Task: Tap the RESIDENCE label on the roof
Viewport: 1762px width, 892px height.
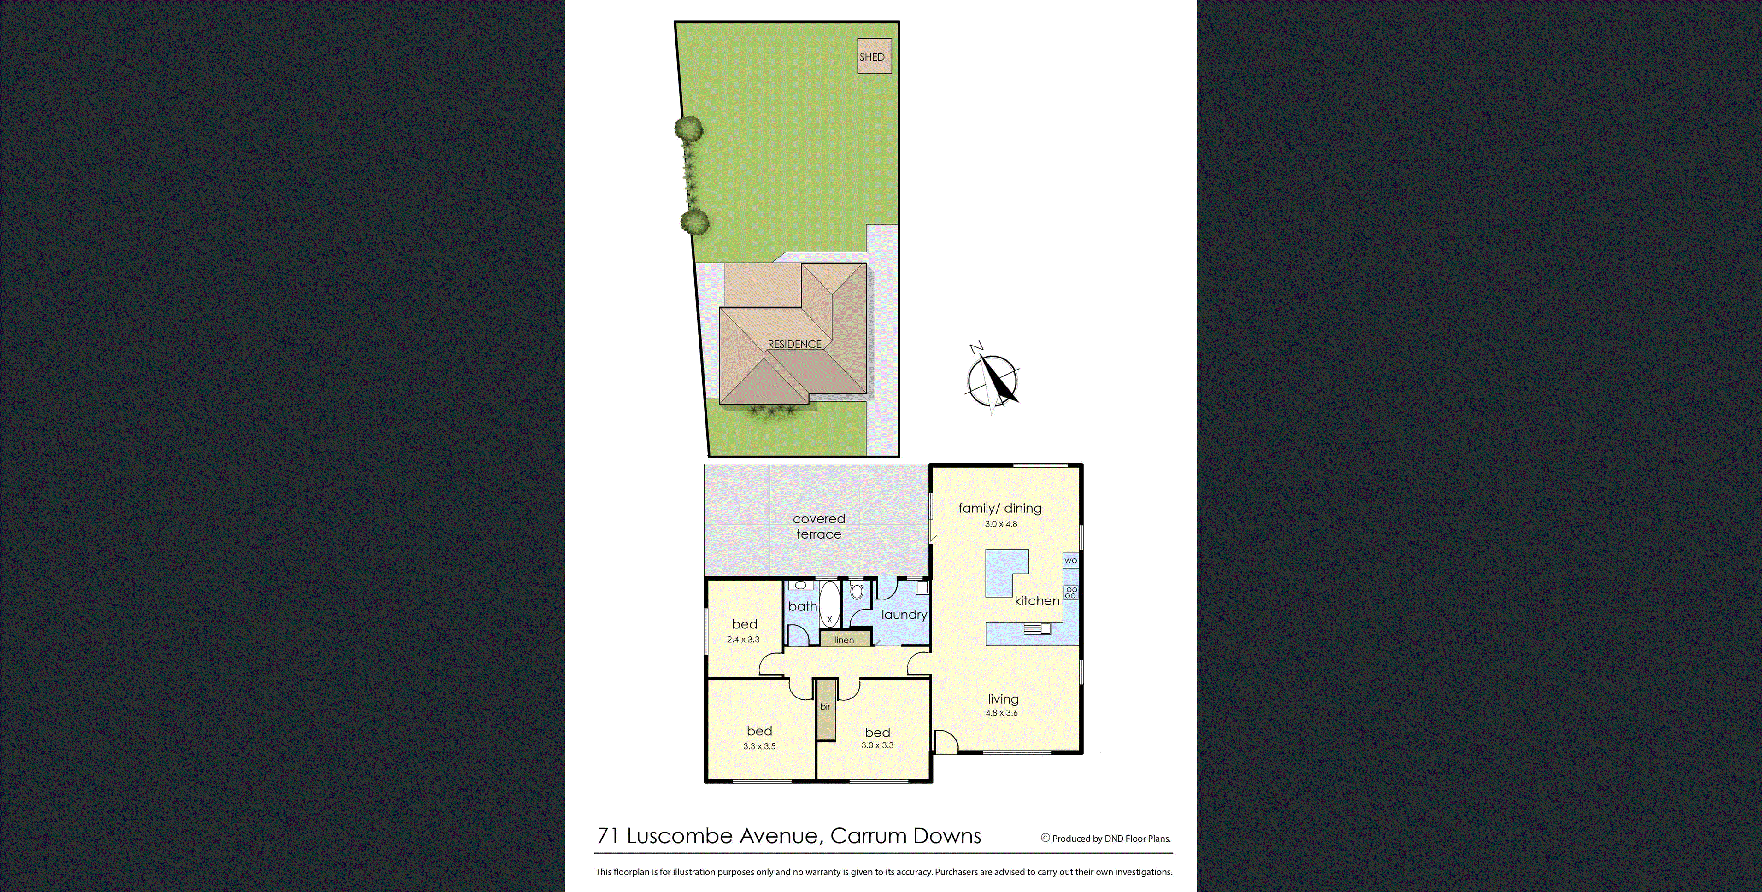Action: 794,344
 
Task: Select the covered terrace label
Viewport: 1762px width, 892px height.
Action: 819,526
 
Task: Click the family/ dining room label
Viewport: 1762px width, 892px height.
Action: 999,508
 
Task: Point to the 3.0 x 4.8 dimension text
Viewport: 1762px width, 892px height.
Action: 1001,524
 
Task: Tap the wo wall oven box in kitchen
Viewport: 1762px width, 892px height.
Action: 1070,560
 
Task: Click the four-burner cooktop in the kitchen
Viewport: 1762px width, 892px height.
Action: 1070,593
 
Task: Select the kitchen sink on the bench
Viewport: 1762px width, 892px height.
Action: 1036,628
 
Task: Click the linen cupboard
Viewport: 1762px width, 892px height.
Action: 845,640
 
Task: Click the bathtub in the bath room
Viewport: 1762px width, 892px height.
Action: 829,604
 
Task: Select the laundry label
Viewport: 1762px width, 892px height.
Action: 904,614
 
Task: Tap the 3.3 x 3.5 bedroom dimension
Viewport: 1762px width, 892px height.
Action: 759,746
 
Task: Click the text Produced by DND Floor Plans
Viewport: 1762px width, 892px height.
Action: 1111,839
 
